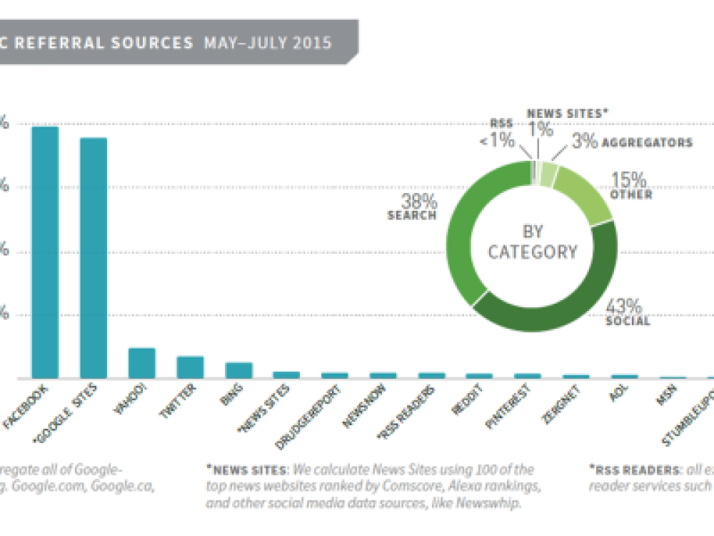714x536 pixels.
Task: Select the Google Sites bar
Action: (x=93, y=257)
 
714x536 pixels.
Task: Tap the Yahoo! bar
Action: (x=141, y=363)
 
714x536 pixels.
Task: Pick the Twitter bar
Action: (x=190, y=367)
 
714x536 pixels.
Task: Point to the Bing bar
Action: (x=238, y=369)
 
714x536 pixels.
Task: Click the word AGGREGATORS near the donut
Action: (x=647, y=143)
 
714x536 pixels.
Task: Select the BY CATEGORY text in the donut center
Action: (x=532, y=242)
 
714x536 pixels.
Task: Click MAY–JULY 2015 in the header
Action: (x=268, y=43)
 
